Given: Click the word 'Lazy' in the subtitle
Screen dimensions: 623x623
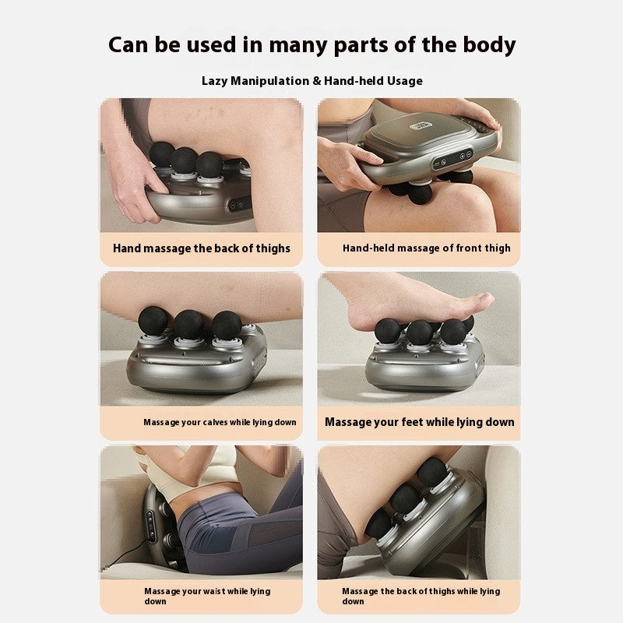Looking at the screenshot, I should click(x=215, y=81).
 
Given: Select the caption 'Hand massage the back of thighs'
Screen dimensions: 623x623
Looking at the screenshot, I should click(x=201, y=248).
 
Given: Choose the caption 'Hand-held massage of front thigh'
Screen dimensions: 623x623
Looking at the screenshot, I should click(x=427, y=248).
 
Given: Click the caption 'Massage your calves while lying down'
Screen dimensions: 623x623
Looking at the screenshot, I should click(x=220, y=422).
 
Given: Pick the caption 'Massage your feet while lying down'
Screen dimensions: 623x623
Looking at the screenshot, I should click(x=419, y=422).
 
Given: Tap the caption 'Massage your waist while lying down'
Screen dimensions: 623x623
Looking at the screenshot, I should click(x=206, y=596).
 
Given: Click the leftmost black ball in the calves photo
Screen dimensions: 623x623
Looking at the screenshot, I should click(x=153, y=320).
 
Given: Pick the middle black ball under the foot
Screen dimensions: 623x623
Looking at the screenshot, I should click(x=420, y=332).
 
